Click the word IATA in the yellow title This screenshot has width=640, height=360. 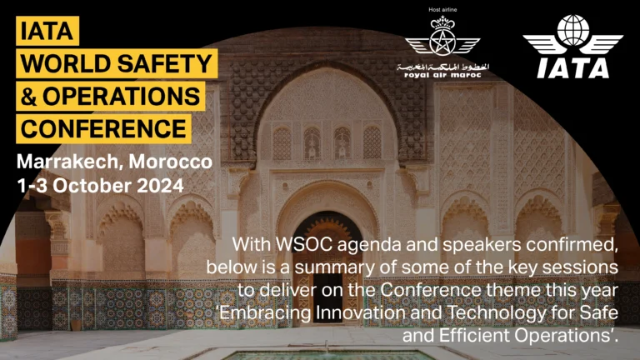pos(47,32)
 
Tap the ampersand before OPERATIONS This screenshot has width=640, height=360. pos(28,97)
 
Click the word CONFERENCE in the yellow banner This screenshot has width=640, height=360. pos(103,129)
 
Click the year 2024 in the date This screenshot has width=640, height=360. pos(160,186)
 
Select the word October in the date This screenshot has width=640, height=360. pos(92,186)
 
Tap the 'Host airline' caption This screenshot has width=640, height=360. pos(442,9)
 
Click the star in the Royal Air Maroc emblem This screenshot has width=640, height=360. pos(442,41)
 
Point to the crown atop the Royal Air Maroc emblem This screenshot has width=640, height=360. pos(442,22)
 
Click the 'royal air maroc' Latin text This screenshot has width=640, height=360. pos(442,75)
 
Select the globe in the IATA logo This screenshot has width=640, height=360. pos(573,31)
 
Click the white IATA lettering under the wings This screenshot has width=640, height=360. pos(573,68)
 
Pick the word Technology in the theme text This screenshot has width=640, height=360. pos(497,313)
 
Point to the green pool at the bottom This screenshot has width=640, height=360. pos(328,356)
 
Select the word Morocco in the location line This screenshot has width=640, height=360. pos(171,162)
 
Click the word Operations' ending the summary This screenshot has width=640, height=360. pos(565,336)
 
